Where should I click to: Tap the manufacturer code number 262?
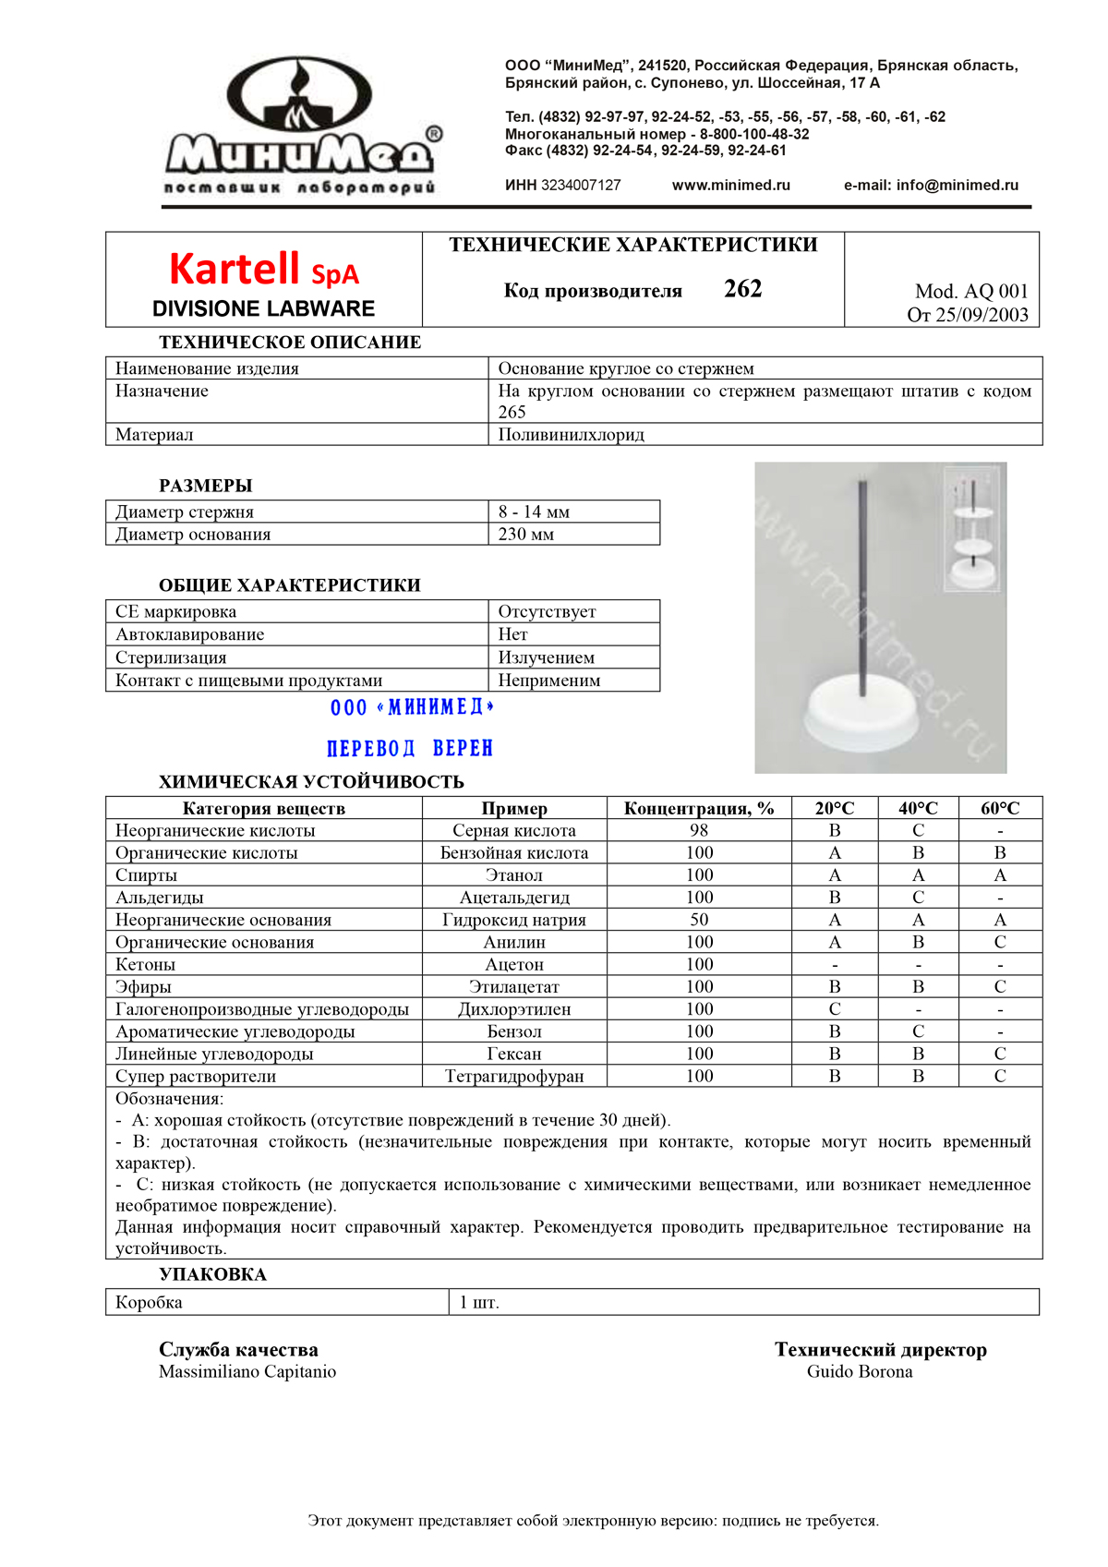pos(742,289)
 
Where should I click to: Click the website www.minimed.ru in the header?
pos(730,185)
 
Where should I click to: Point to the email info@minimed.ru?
pos(957,185)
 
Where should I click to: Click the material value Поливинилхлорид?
pos(571,434)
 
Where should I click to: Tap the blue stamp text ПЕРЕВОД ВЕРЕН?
pos(410,748)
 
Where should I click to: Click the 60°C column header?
pos(1000,808)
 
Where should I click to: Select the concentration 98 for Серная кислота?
pos(699,830)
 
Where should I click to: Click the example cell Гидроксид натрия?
pos(513,920)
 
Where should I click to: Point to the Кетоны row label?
pos(145,964)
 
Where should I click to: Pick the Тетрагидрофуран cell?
pos(513,1076)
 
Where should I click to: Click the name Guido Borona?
pos(859,1371)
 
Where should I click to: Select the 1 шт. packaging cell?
pos(479,1302)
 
